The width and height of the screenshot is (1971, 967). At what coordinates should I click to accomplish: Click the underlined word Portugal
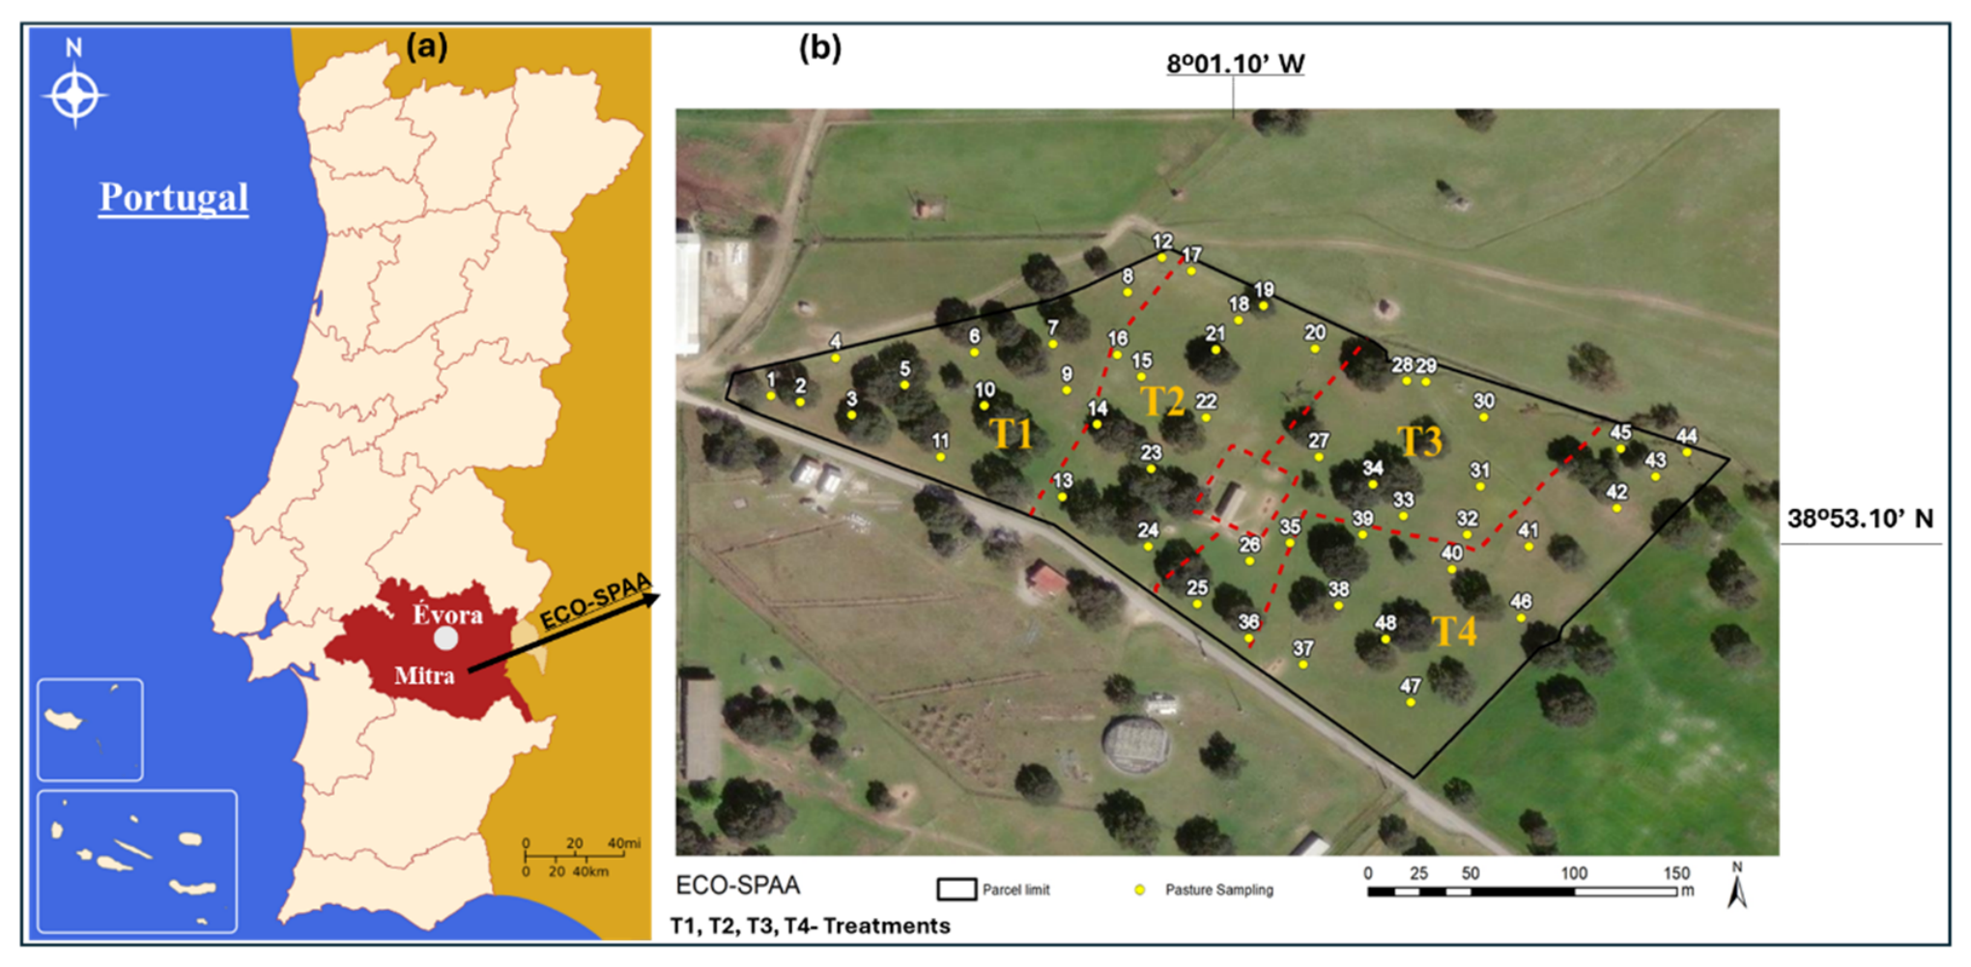pyautogui.click(x=174, y=197)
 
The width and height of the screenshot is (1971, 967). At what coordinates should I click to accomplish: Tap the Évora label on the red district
pyautogui.click(x=447, y=614)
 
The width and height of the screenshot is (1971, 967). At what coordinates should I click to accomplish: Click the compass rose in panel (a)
pyautogui.click(x=74, y=95)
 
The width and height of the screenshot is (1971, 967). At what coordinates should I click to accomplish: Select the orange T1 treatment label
pyautogui.click(x=1012, y=434)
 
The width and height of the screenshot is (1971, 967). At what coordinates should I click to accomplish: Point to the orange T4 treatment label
pyautogui.click(x=1454, y=631)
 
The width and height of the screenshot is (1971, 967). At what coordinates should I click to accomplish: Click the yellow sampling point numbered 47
pyautogui.click(x=1411, y=702)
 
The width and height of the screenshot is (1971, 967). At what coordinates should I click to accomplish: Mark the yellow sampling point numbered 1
pyautogui.click(x=771, y=396)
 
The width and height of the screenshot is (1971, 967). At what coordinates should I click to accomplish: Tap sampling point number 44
pyautogui.click(x=1687, y=452)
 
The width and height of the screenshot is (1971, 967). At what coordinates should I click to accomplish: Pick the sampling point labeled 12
pyautogui.click(x=1161, y=258)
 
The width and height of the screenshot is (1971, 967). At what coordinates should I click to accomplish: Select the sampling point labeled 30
pyautogui.click(x=1484, y=417)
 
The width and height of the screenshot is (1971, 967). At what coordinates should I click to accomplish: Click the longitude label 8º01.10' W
pyautogui.click(x=1235, y=64)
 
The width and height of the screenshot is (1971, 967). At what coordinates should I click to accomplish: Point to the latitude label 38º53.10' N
pyautogui.click(x=1860, y=519)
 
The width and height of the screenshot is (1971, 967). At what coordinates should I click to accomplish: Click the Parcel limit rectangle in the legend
pyautogui.click(x=957, y=889)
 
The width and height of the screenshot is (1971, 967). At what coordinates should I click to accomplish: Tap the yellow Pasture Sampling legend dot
pyautogui.click(x=1140, y=890)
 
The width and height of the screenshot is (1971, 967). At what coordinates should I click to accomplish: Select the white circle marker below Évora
pyautogui.click(x=445, y=639)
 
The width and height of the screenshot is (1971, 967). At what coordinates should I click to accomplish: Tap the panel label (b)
pyautogui.click(x=819, y=47)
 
